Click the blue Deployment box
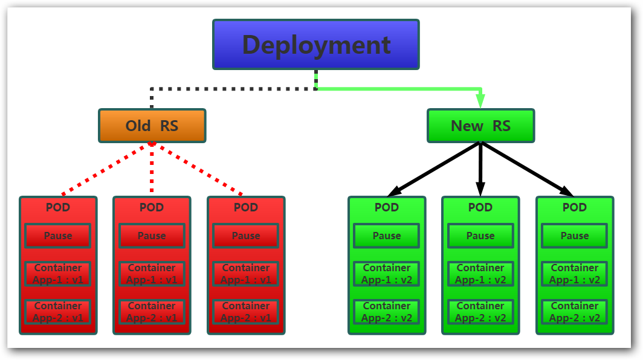click(315, 44)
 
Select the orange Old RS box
click(152, 126)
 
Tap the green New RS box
click(480, 126)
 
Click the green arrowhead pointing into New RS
click(480, 101)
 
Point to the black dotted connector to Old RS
click(230, 89)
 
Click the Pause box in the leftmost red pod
click(57, 236)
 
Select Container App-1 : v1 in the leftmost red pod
click(57, 274)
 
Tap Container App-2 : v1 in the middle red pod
click(152, 312)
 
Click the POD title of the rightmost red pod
click(246, 207)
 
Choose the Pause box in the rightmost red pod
click(246, 236)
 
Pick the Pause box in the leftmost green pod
click(386, 236)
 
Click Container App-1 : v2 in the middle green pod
click(480, 274)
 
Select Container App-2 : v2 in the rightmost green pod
click(575, 312)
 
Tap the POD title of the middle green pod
click(480, 207)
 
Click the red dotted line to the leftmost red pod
click(106, 169)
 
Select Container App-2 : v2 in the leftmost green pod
click(386, 312)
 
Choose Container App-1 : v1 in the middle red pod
click(152, 274)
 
